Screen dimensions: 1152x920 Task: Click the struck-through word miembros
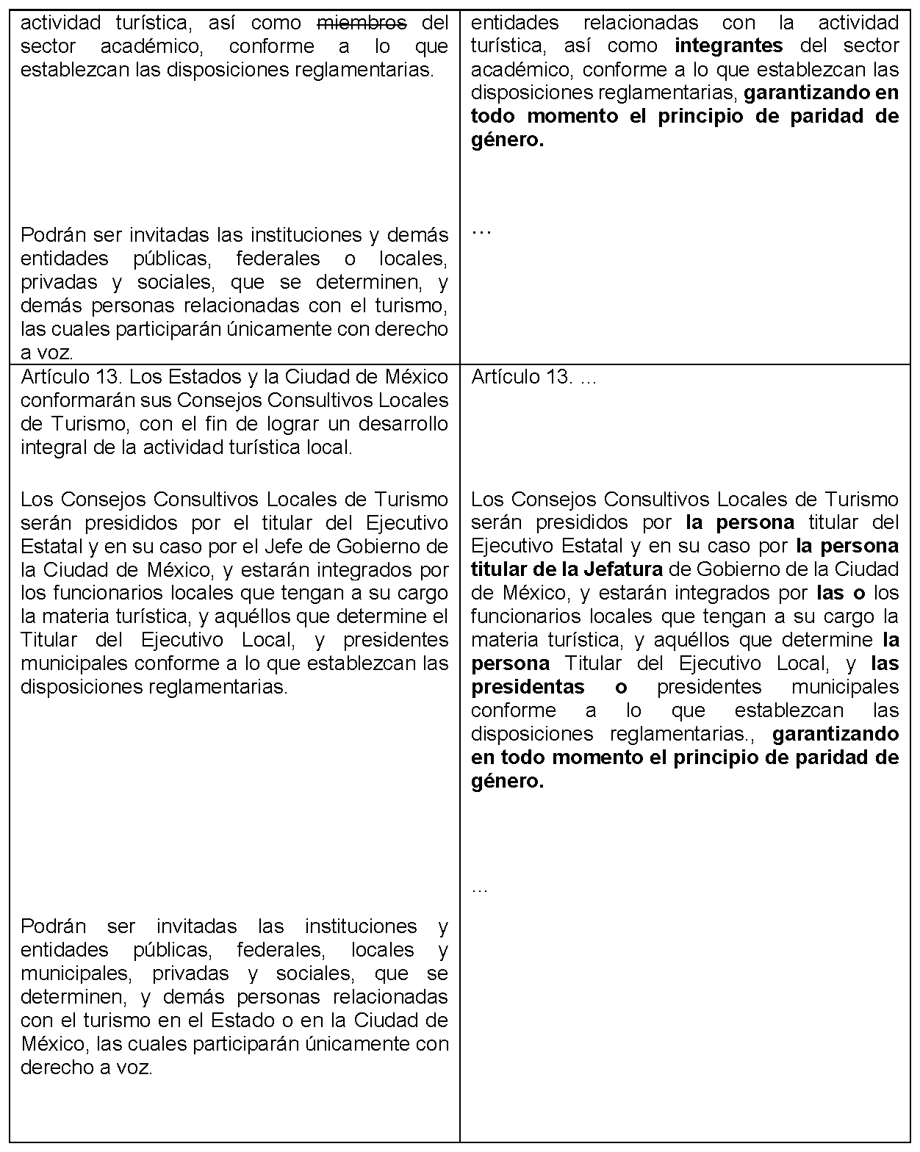[x=361, y=23]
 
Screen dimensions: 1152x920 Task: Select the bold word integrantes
[x=728, y=46]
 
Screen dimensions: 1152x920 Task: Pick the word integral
[x=51, y=447]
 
